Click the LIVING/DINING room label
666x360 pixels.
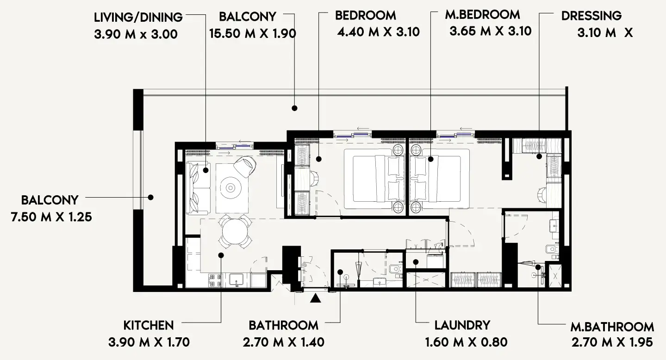(138, 18)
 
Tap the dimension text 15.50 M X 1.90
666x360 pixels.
(252, 34)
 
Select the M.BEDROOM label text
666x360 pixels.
(482, 15)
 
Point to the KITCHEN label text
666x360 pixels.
(149, 325)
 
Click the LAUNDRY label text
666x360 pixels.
(462, 325)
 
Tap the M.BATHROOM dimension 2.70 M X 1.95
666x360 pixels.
(612, 343)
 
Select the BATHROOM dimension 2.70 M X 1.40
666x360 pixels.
(283, 342)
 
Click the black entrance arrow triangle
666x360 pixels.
(315, 298)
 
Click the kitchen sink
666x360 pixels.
(237, 279)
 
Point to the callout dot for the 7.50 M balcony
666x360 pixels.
(150, 197)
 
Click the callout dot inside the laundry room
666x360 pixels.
(416, 262)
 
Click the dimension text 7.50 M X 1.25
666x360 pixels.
(51, 217)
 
